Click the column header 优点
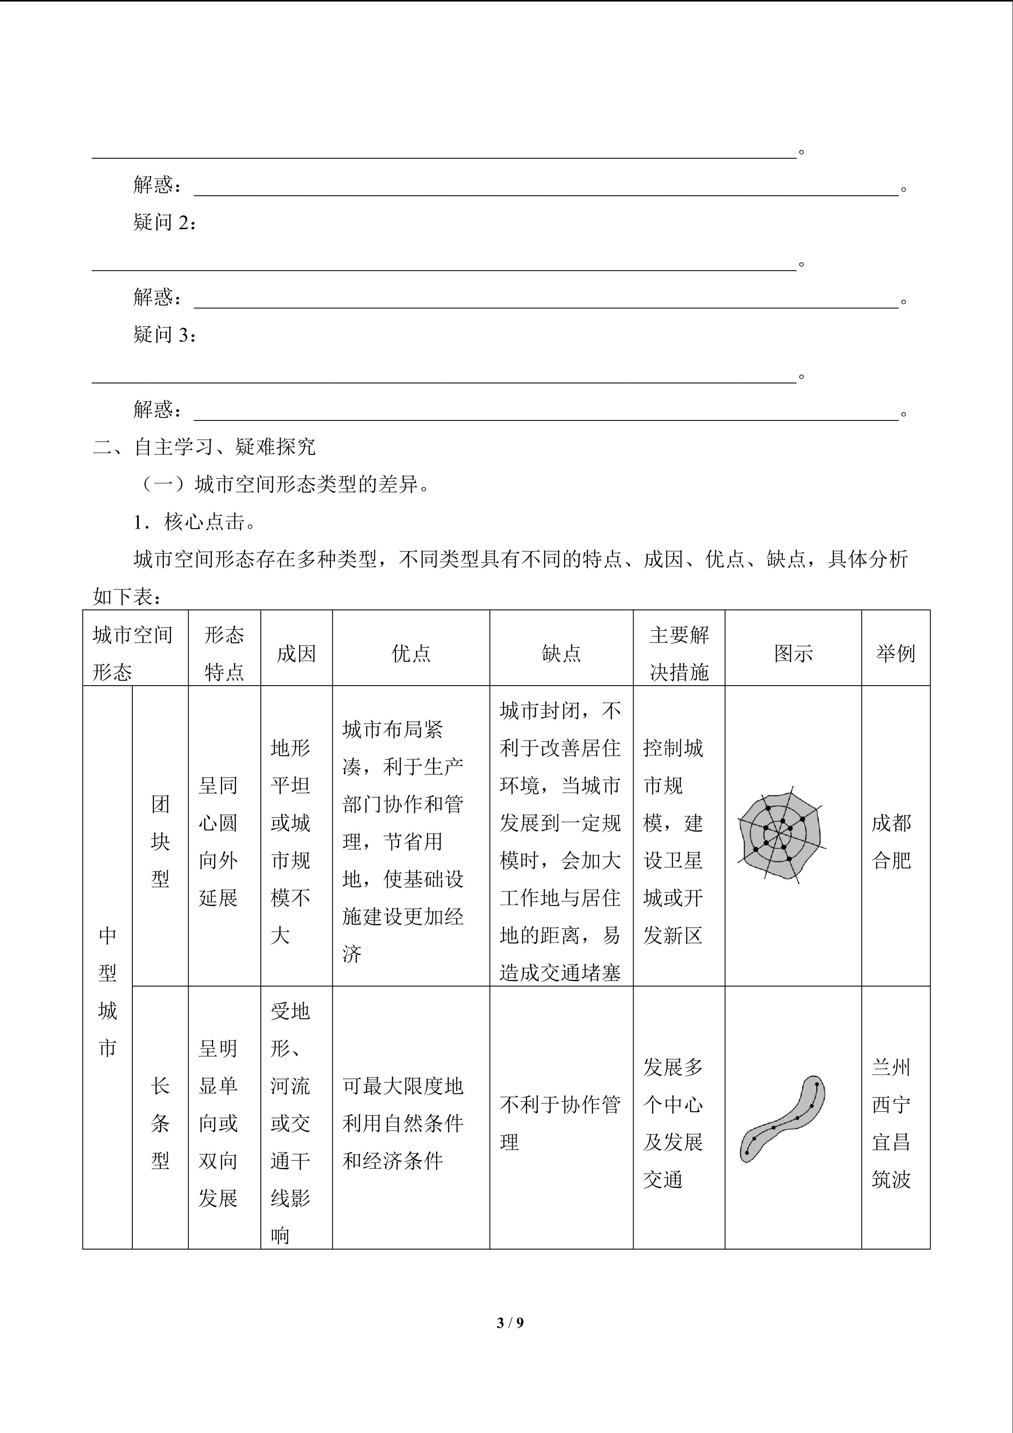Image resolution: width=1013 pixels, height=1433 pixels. coord(411,653)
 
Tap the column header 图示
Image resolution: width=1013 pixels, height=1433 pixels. coord(793,653)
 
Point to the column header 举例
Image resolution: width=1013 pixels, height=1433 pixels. coord(895,653)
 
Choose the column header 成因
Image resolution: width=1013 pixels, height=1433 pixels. coord(296,653)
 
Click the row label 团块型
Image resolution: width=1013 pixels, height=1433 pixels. coord(160,841)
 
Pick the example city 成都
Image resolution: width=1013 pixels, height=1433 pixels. coord(891,823)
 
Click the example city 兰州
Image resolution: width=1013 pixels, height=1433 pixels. coord(891,1067)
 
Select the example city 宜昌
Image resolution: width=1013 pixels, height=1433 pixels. coord(891,1142)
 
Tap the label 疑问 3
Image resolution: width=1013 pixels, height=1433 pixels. coord(165,335)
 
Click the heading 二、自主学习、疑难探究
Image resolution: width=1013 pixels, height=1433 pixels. coord(204,447)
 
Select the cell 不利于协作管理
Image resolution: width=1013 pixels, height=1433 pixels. coord(559,1123)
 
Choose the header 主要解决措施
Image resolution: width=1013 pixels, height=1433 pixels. coord(679,653)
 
